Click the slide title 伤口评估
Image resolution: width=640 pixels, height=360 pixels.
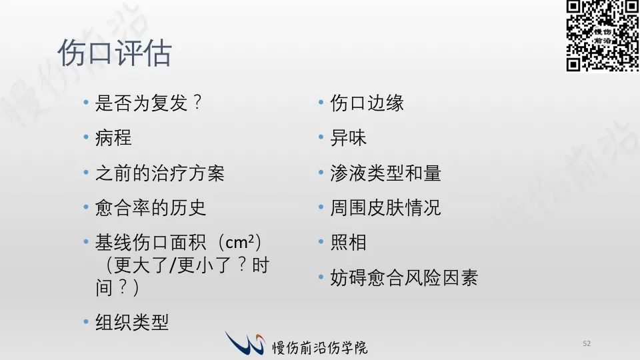click(115, 53)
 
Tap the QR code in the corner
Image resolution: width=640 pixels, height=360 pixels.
click(603, 36)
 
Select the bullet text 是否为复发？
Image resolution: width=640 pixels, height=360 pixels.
click(149, 103)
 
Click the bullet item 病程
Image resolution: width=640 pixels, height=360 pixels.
click(113, 137)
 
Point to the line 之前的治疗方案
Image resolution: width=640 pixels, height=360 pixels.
click(159, 173)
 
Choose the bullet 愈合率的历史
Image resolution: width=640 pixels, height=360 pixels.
click(151, 208)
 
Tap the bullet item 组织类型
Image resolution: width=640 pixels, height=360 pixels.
click(132, 323)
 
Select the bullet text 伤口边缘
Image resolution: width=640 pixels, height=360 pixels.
click(367, 103)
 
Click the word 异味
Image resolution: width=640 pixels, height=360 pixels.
click(348, 137)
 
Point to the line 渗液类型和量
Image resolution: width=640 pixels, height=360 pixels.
click(386, 173)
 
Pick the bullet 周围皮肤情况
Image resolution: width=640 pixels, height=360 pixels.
click(386, 208)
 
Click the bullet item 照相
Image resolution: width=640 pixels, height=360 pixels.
click(348, 243)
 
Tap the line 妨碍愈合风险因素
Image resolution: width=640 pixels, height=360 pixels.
click(404, 277)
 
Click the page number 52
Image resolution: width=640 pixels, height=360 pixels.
click(587, 344)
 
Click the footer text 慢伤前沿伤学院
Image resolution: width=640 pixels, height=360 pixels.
click(320, 347)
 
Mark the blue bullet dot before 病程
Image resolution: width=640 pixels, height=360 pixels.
click(86, 137)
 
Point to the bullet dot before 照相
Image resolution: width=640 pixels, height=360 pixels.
click(321, 241)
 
